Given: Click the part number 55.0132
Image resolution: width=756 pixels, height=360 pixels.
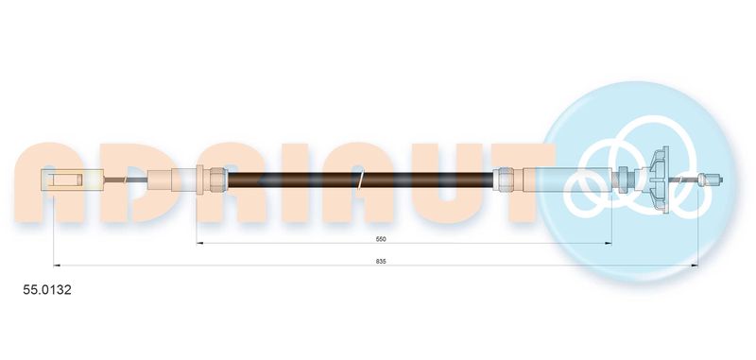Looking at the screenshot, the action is [47, 290].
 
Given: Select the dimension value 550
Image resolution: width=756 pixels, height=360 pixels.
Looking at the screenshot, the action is [382, 238].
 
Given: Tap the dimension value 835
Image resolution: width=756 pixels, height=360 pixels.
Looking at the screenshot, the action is [382, 261].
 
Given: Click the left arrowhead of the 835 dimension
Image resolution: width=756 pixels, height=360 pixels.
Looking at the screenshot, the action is [57, 266].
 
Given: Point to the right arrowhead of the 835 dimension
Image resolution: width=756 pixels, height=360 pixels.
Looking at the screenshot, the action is [695, 266].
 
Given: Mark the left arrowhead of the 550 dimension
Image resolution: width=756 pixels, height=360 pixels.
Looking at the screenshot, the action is [200, 243].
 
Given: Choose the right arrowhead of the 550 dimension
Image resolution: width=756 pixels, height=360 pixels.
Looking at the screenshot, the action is [608, 243].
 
